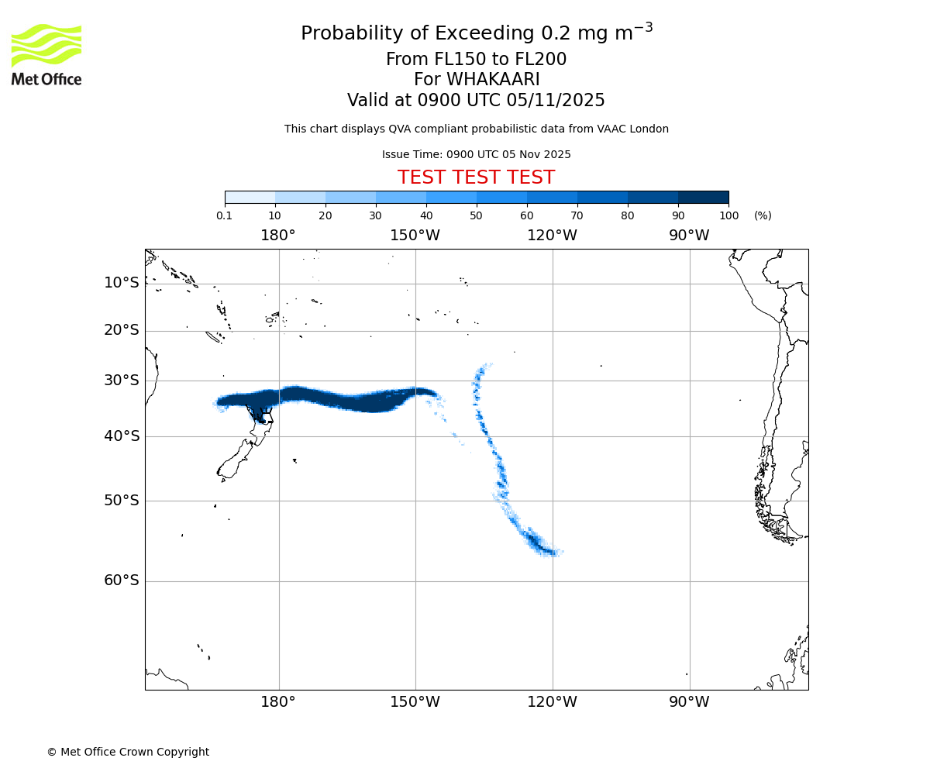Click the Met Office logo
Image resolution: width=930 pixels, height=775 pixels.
coord(46,54)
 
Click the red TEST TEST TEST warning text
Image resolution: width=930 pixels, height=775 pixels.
coord(476,177)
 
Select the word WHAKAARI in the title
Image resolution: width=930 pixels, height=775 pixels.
coord(492,80)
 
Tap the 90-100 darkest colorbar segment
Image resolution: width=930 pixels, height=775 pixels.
coord(703,197)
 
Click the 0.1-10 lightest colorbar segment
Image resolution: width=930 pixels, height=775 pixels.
coord(250,197)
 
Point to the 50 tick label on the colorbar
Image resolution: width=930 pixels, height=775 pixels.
coord(476,215)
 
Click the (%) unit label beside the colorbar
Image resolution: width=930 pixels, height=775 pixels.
coord(763,215)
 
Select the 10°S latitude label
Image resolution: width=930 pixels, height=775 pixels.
coord(122,283)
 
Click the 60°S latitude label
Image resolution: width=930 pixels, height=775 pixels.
coord(122,580)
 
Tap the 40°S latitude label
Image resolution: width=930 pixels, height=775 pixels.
coord(122,436)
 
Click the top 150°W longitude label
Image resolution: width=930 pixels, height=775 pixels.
coord(415,236)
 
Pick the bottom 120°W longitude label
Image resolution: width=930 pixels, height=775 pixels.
coord(552,702)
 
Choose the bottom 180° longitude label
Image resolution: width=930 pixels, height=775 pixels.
coord(278,702)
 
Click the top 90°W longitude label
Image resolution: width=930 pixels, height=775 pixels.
coord(689,236)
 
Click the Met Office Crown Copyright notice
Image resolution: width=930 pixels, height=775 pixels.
coord(128,752)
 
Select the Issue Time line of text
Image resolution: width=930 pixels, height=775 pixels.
coord(476,154)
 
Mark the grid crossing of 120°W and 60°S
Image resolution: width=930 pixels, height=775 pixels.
coord(553,581)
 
